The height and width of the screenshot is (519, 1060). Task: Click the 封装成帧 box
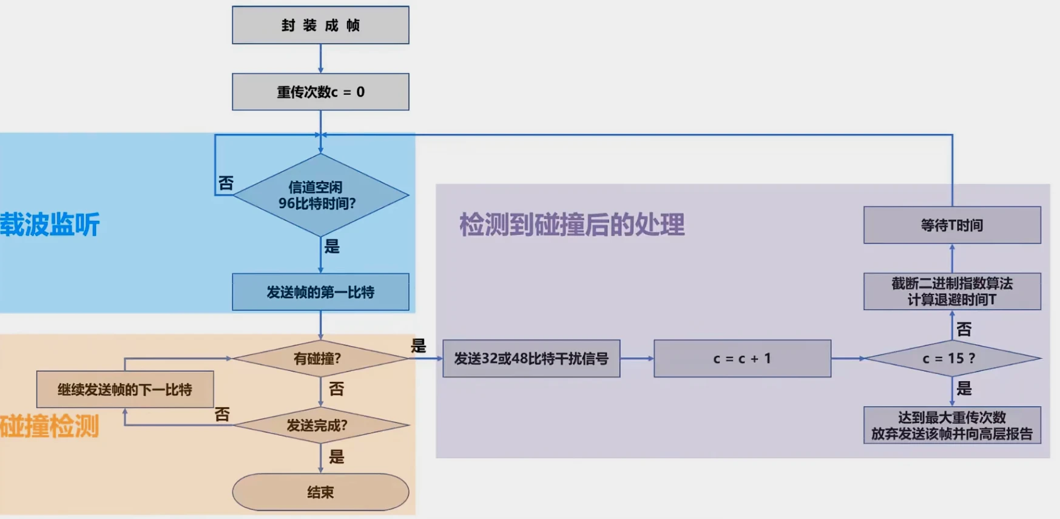pyautogui.click(x=320, y=25)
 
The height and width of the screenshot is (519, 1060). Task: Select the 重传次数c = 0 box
pyautogui.click(x=320, y=92)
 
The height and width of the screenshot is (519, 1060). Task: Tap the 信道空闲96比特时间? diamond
pyautogui.click(x=320, y=195)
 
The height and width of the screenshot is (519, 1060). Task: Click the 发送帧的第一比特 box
pyautogui.click(x=320, y=292)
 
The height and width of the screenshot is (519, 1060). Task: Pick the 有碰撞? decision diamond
pyautogui.click(x=320, y=358)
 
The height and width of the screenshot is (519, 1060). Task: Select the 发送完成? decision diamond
pyautogui.click(x=320, y=425)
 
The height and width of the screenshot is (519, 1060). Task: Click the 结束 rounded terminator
pyautogui.click(x=320, y=492)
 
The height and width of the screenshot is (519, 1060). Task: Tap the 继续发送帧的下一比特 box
pyautogui.click(x=125, y=389)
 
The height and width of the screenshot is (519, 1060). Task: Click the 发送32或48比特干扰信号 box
pyautogui.click(x=531, y=359)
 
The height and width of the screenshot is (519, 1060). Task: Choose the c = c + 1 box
pyautogui.click(x=742, y=359)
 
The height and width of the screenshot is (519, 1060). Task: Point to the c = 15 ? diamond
pyautogui.click(x=952, y=358)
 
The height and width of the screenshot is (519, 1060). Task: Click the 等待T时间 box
pyautogui.click(x=952, y=225)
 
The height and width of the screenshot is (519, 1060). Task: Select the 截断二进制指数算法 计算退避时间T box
pyautogui.click(x=952, y=291)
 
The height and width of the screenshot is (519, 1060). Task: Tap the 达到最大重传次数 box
pyautogui.click(x=952, y=425)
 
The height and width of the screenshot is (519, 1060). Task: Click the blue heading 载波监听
pyautogui.click(x=50, y=225)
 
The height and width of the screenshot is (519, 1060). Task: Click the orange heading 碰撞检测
pyautogui.click(x=50, y=426)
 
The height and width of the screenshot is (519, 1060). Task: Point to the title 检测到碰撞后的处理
pyautogui.click(x=572, y=225)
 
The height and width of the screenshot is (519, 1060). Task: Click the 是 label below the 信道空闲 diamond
pyautogui.click(x=332, y=246)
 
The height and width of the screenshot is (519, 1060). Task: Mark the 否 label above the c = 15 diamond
pyautogui.click(x=964, y=329)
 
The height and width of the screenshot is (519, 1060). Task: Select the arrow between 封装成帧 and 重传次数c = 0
pyautogui.click(x=320, y=59)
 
